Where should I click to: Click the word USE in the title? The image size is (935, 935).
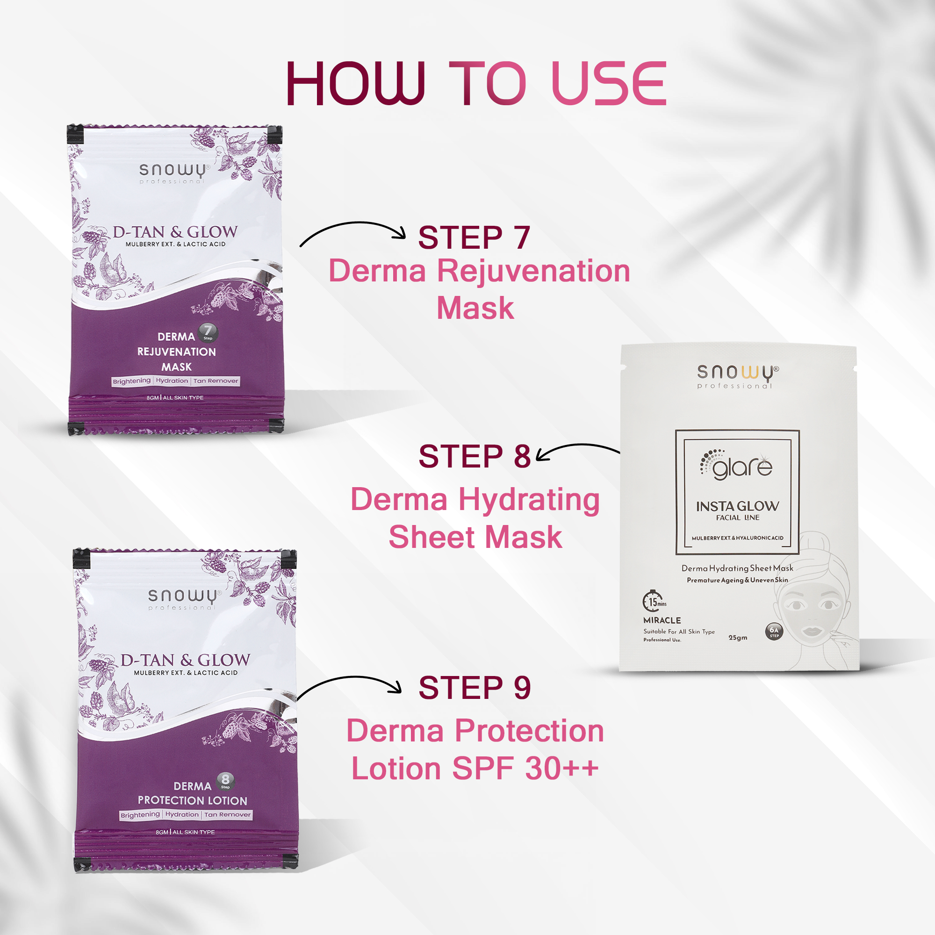[x=609, y=83]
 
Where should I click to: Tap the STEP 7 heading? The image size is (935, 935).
[x=474, y=237]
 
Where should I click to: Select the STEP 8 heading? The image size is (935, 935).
[x=474, y=456]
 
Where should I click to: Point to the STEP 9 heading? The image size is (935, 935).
[x=474, y=688]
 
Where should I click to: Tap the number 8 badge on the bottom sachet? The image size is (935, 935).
[x=225, y=780]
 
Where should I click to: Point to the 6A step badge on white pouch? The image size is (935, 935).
[x=774, y=631]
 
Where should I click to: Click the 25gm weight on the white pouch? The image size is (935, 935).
[x=738, y=638]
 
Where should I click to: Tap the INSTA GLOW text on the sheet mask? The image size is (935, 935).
[x=737, y=506]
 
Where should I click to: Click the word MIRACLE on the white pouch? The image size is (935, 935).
[x=662, y=620]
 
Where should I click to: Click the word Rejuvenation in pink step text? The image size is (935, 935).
[x=533, y=270]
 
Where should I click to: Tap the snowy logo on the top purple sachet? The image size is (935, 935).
[x=173, y=170]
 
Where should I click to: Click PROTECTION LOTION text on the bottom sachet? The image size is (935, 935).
[x=192, y=800]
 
